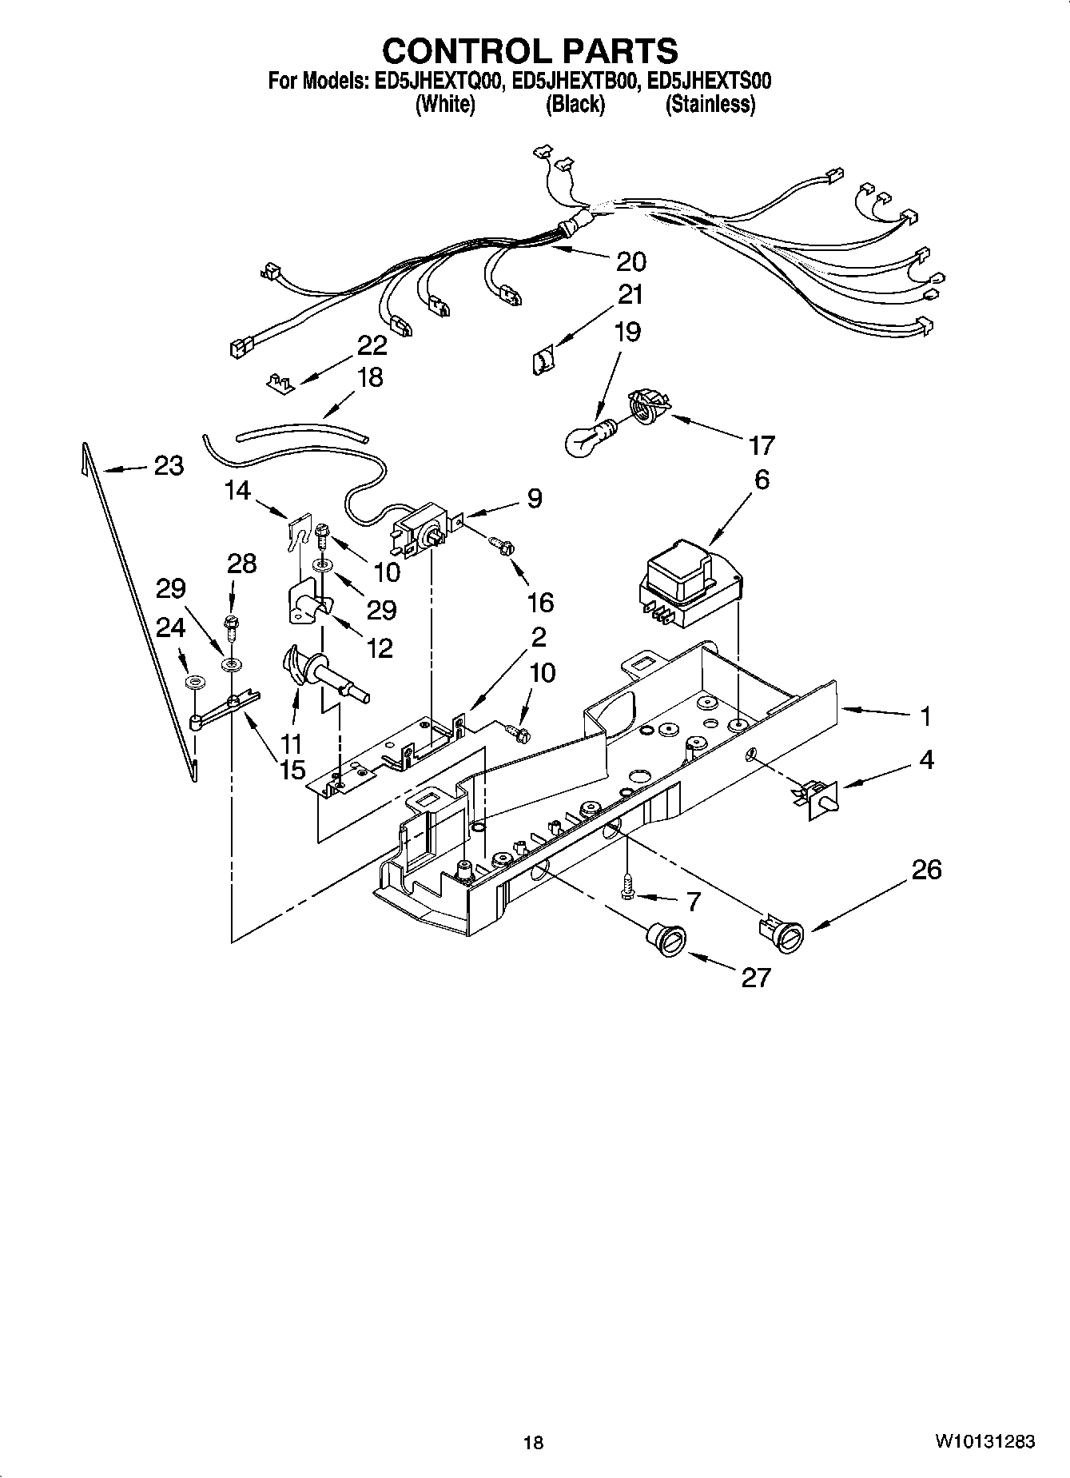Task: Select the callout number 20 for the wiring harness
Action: [x=630, y=261]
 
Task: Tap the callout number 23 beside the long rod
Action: [x=168, y=465]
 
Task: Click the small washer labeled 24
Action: [x=193, y=683]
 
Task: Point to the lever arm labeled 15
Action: [x=225, y=709]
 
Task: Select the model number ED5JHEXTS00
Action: [x=709, y=81]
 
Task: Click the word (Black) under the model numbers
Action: [x=575, y=105]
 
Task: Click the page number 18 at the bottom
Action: [x=533, y=1442]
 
